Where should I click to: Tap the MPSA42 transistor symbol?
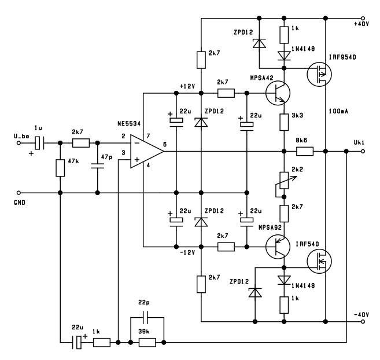point(278,93)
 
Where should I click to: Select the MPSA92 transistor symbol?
point(278,247)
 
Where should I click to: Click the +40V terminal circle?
point(363,18)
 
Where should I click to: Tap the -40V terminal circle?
point(363,322)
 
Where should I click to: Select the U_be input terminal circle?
point(19,143)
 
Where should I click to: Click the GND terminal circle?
point(19,193)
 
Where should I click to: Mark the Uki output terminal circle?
point(363,152)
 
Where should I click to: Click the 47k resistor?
point(60,168)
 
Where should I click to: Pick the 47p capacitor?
point(98,166)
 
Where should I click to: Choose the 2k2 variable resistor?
point(284,181)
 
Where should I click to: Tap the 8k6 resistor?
point(305,152)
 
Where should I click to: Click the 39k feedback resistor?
point(147,343)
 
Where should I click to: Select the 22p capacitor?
point(147,317)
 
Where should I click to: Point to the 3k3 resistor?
point(284,122)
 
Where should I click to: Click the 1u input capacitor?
point(39,143)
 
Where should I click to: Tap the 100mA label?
point(338,111)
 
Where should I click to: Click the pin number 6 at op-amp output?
point(165,145)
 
